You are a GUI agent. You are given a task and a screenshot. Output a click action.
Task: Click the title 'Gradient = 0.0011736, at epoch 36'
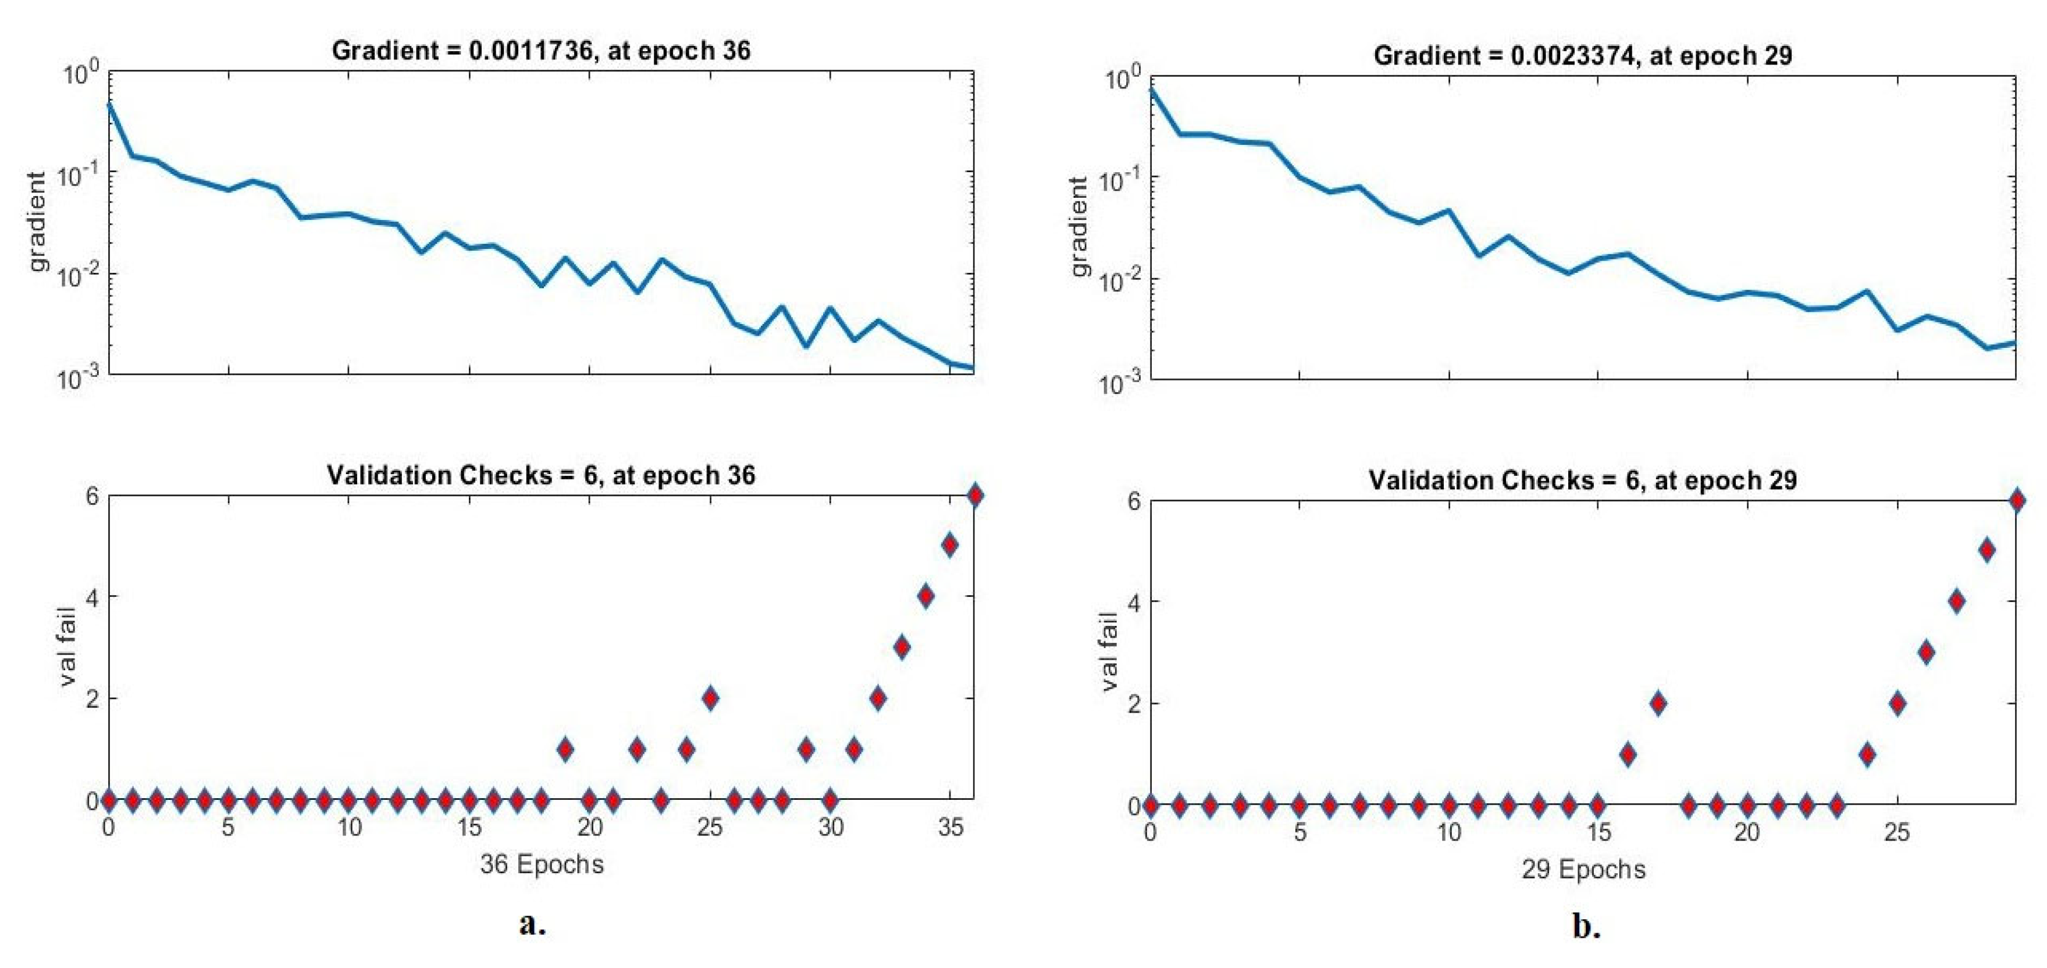(541, 51)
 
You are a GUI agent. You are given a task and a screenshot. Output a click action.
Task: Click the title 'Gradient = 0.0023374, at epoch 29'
(1583, 56)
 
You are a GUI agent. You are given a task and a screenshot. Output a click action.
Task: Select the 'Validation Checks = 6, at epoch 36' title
(541, 475)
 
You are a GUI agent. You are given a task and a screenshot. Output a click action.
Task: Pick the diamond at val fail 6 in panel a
(974, 495)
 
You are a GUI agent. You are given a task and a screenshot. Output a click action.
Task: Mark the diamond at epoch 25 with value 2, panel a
(710, 699)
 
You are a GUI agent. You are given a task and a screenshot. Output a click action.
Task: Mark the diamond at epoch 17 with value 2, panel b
(1658, 703)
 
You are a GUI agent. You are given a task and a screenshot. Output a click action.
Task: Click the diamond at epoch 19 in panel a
(565, 749)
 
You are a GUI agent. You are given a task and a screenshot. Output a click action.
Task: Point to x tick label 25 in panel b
(1897, 833)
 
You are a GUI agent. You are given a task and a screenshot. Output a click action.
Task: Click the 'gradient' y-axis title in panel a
(37, 222)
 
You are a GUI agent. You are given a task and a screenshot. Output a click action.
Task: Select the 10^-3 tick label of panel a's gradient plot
(78, 378)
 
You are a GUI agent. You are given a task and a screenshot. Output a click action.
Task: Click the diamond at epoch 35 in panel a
(949, 545)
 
